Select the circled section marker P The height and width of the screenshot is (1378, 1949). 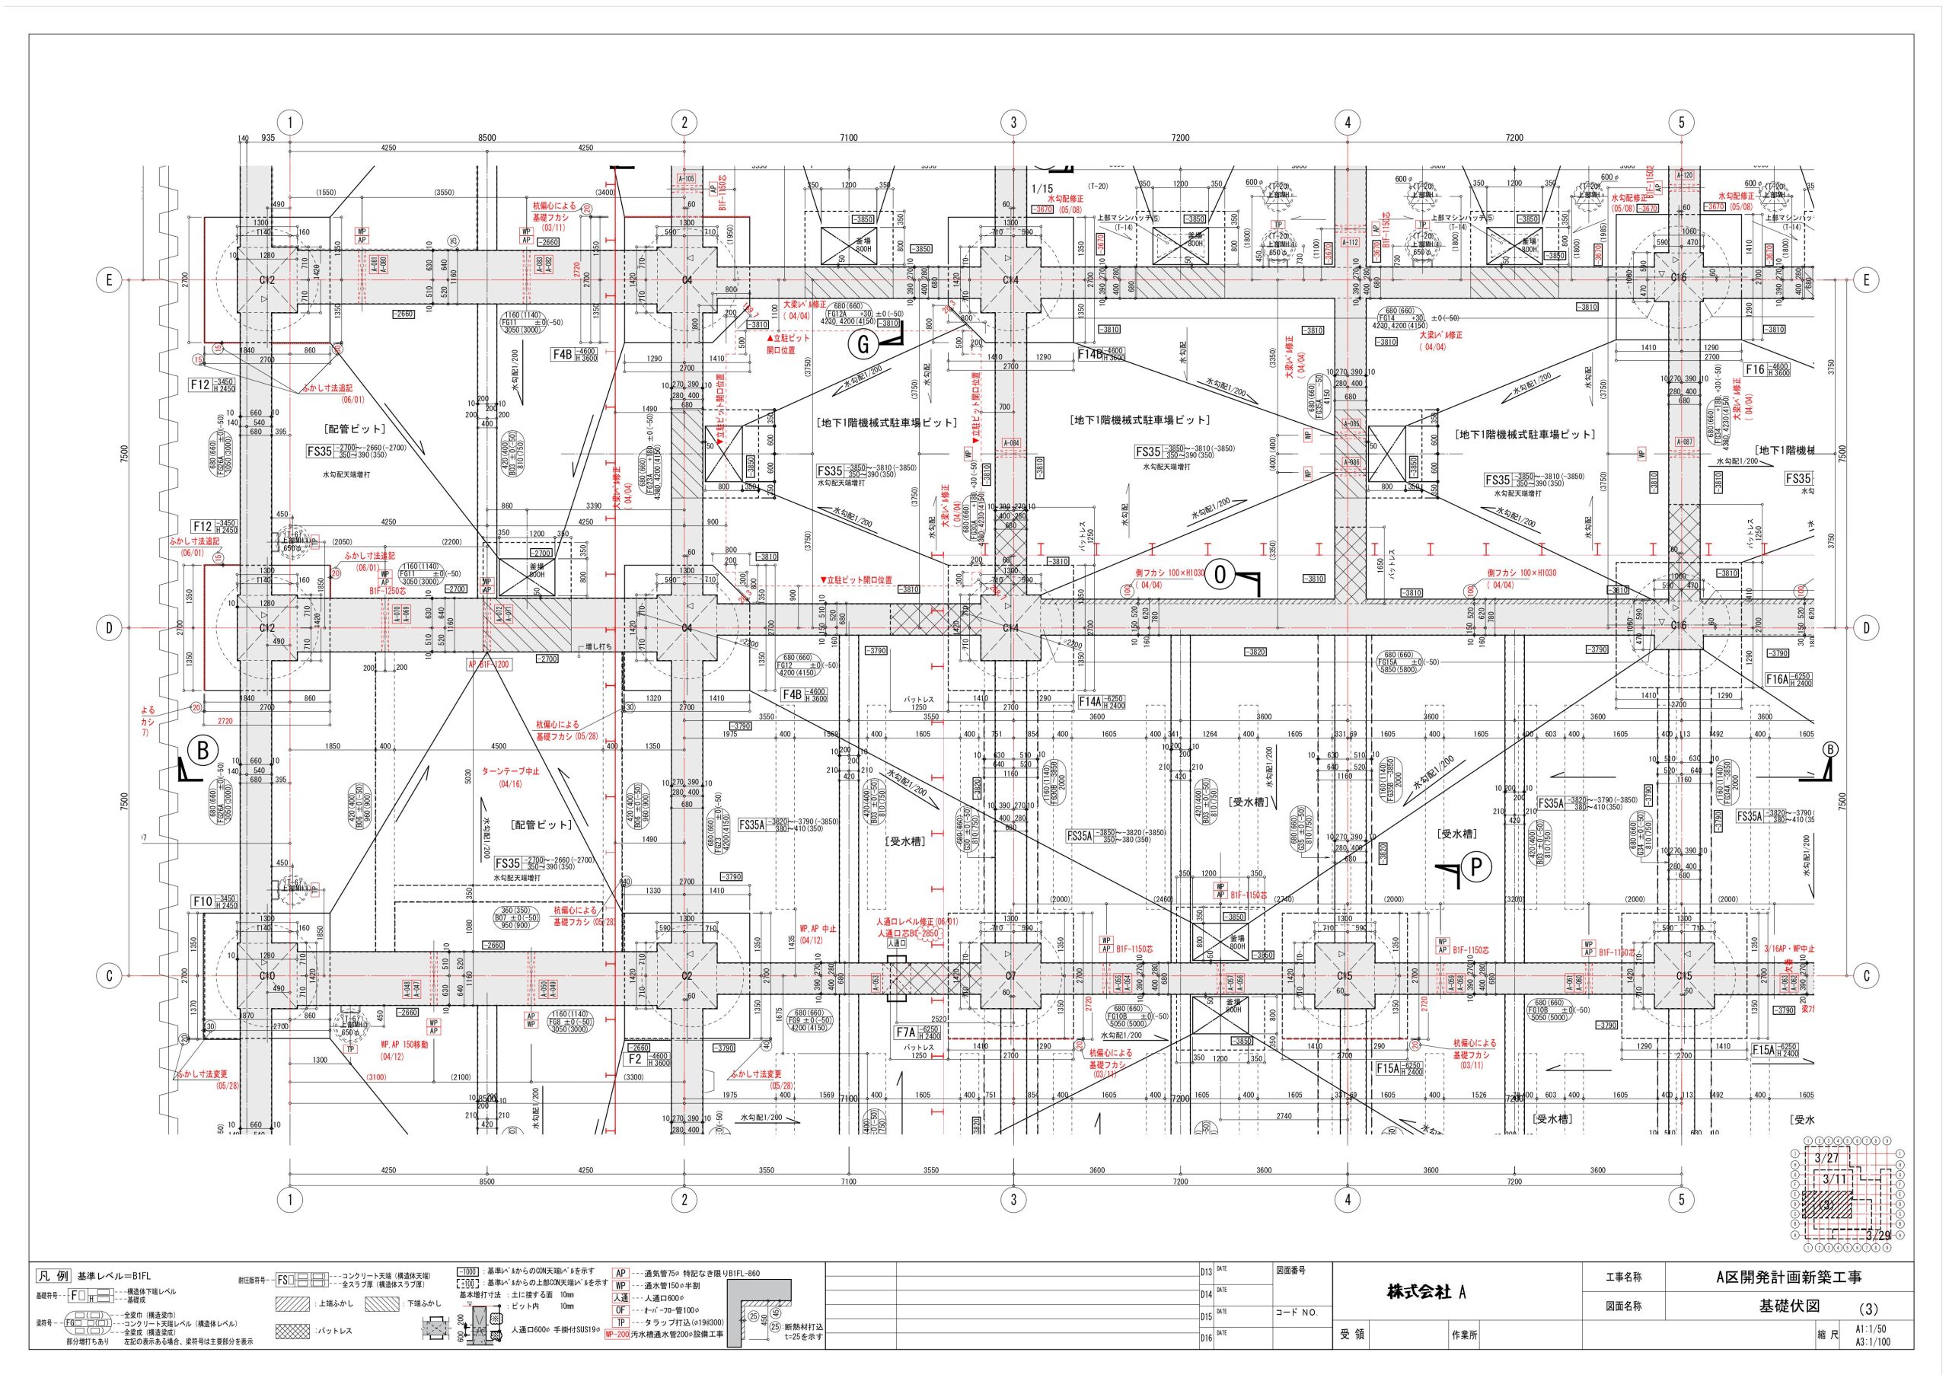click(x=1475, y=867)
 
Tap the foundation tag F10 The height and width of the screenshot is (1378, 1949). click(x=202, y=901)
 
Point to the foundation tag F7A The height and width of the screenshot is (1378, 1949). click(x=906, y=1032)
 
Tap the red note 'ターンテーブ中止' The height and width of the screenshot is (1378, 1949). click(x=511, y=772)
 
